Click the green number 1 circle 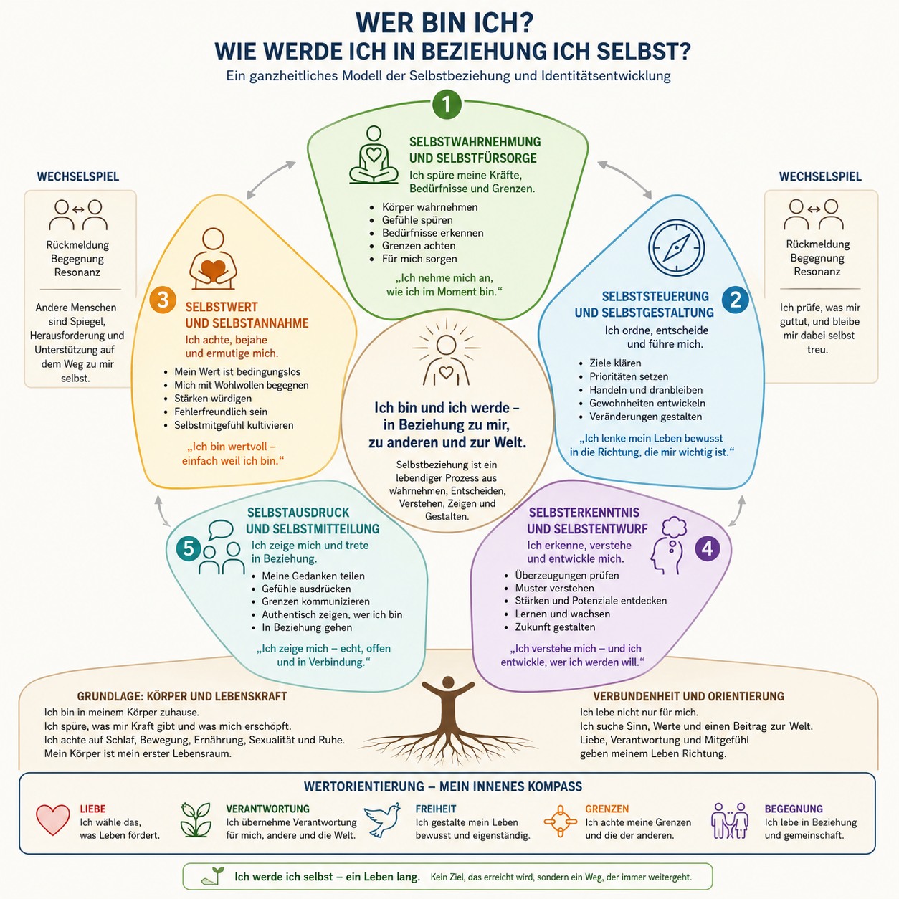click(447, 105)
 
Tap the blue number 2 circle click(736, 300)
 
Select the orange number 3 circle click(162, 300)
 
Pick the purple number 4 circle click(708, 548)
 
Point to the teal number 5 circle click(189, 548)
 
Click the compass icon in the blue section click(676, 248)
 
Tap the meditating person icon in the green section click(374, 155)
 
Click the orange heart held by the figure click(213, 270)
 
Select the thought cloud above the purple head click(675, 527)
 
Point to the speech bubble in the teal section click(221, 531)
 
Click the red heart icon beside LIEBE click(53, 819)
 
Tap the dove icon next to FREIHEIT click(382, 819)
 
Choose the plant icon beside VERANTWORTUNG click(196, 819)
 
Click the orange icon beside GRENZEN click(561, 821)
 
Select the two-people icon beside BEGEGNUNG click(730, 821)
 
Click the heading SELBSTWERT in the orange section click(221, 307)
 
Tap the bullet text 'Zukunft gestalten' click(555, 627)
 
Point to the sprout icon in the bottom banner click(213, 875)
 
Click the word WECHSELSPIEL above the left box click(78, 176)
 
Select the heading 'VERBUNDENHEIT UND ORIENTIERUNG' click(689, 696)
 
